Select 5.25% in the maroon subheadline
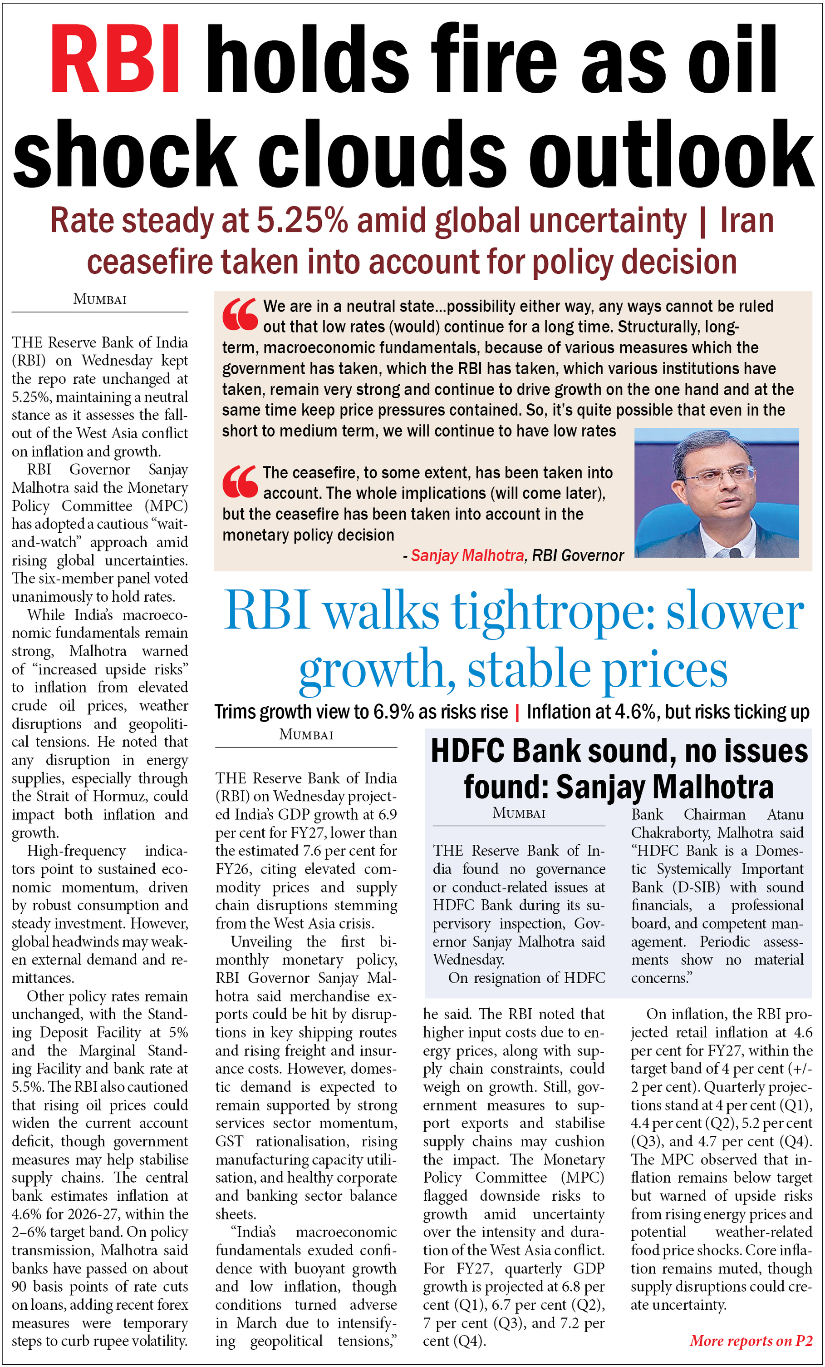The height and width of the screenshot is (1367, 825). pos(302,221)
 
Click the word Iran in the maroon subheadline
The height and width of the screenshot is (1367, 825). pos(746,221)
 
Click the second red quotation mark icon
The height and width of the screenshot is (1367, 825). pos(240,481)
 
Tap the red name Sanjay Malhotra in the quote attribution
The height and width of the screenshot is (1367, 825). pos(467,555)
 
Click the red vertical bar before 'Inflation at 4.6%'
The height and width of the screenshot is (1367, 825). pos(517,713)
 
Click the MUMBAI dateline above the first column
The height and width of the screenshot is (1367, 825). pos(100,300)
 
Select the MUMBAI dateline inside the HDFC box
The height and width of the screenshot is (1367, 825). pos(519,813)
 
